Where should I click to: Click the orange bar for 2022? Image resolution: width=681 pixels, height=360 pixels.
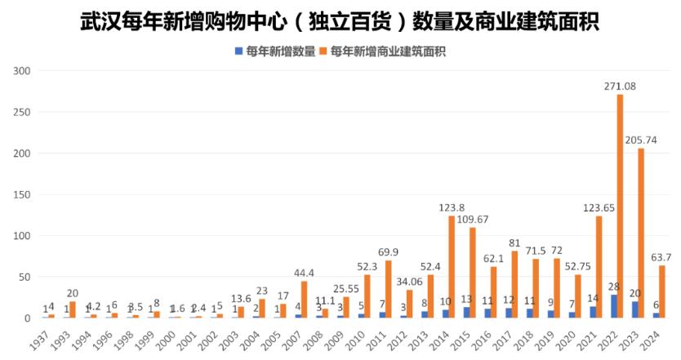[620, 206]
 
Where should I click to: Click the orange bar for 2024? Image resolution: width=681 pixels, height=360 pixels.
[662, 291]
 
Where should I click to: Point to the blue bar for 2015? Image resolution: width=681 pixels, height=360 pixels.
[466, 313]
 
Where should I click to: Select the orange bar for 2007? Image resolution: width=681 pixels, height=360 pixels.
[305, 300]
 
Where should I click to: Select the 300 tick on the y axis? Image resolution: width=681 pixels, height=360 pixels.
[21, 71]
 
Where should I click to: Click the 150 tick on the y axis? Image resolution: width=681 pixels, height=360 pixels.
[21, 195]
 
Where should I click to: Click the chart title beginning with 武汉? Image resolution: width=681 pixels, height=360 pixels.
[340, 20]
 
